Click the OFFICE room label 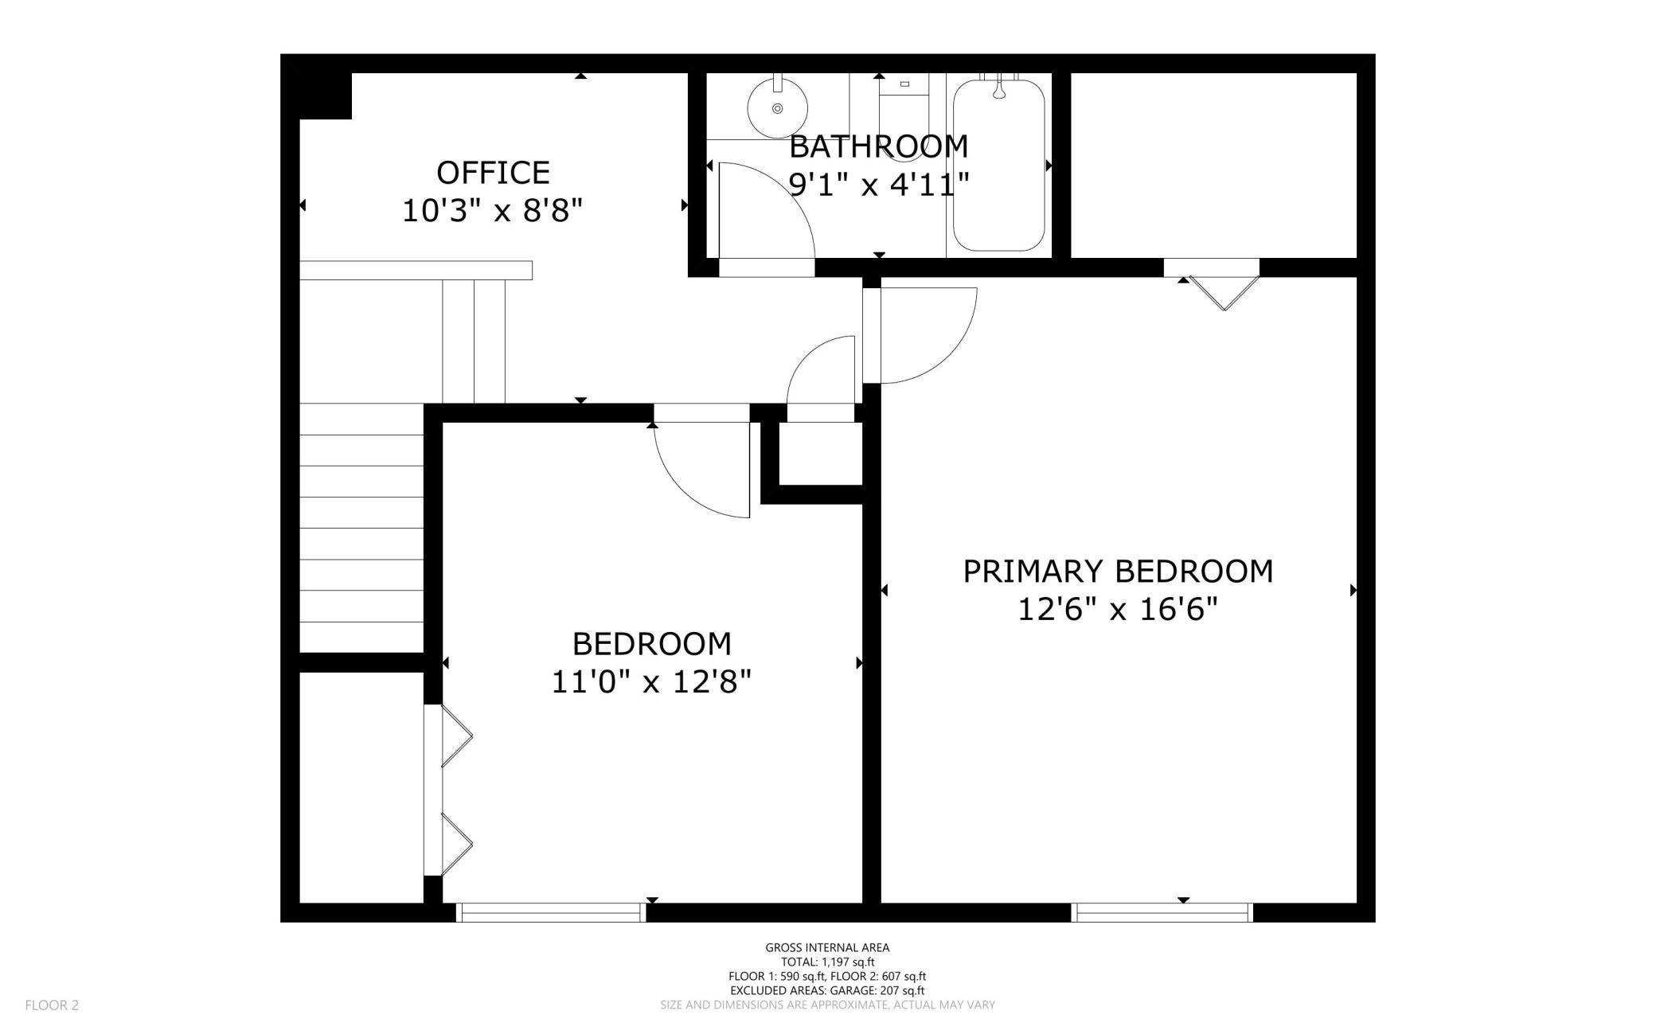(x=493, y=173)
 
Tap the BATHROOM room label (x=878, y=146)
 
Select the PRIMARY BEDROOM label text (x=1118, y=572)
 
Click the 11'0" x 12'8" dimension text (x=651, y=682)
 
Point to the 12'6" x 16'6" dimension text (x=1118, y=611)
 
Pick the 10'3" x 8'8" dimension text (x=492, y=212)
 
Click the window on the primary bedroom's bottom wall (x=1162, y=912)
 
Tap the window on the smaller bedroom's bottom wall (x=551, y=912)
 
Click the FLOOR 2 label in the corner (x=52, y=1005)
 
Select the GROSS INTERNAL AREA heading (x=827, y=947)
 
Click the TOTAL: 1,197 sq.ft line (x=827, y=962)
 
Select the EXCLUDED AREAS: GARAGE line (x=827, y=991)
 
